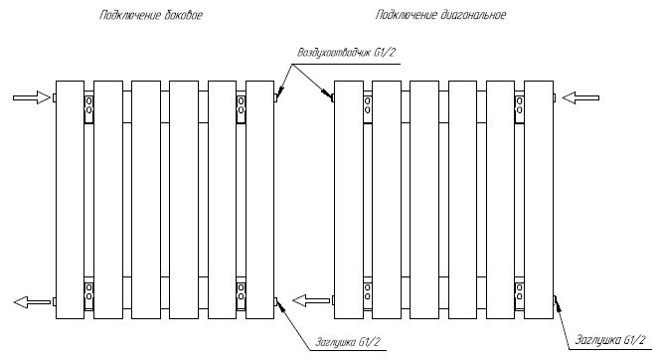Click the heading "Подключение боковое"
click(x=151, y=16)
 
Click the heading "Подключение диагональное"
click(x=440, y=15)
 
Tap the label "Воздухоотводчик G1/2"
click(x=347, y=53)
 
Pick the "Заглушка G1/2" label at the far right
click(x=610, y=340)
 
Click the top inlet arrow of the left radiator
click(x=32, y=97)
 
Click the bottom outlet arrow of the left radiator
click(x=32, y=302)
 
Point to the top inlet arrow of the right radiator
click(x=580, y=98)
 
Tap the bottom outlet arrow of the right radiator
click(x=311, y=301)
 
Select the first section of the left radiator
click(x=71, y=200)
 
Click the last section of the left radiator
click(x=260, y=200)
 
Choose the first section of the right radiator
click(x=349, y=200)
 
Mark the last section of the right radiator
click(x=539, y=200)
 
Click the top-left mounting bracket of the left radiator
click(x=88, y=109)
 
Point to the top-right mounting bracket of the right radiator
click(x=519, y=109)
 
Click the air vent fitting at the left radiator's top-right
click(x=275, y=97)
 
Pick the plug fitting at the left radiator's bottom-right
click(x=275, y=301)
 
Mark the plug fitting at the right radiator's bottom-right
click(x=555, y=299)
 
